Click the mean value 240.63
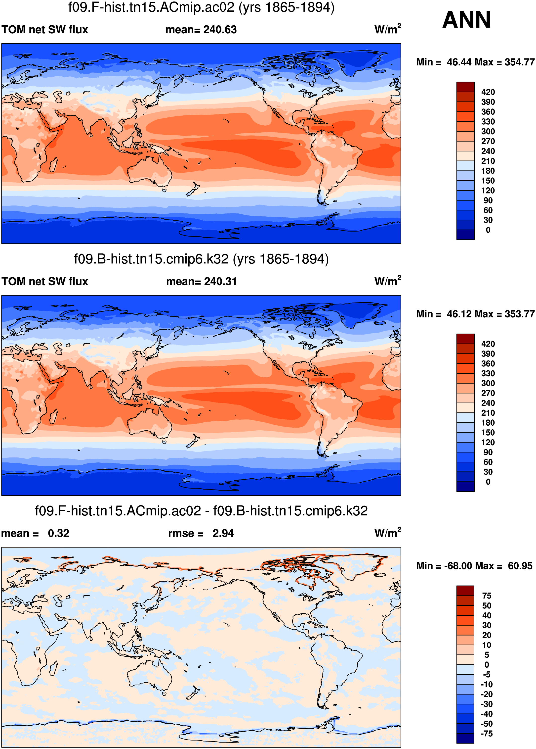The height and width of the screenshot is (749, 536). click(x=220, y=30)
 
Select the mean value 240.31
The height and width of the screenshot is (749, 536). click(x=220, y=281)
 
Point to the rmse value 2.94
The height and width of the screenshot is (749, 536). click(x=223, y=533)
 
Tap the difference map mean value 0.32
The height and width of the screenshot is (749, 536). click(x=58, y=533)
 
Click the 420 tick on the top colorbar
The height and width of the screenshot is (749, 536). click(x=488, y=92)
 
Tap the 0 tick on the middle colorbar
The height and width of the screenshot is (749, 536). click(x=488, y=482)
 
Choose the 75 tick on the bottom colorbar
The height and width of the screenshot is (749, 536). click(x=487, y=596)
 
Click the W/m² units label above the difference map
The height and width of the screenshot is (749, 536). click(x=387, y=533)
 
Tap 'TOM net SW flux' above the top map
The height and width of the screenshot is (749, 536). click(x=45, y=30)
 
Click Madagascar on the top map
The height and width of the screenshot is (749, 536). click(x=53, y=165)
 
